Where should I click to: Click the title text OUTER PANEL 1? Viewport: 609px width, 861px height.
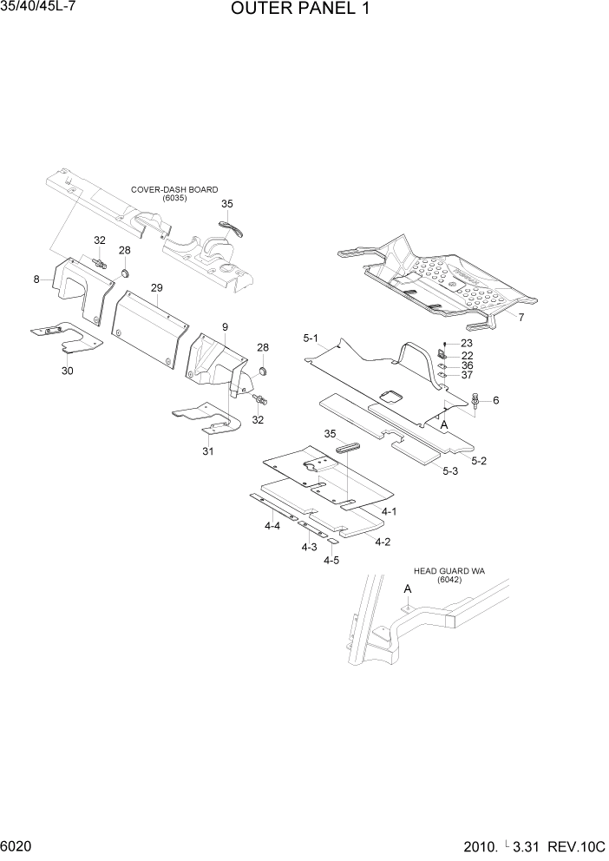(x=303, y=11)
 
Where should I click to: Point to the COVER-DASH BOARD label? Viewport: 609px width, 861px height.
(x=174, y=189)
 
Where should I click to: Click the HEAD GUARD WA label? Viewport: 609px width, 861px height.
(x=449, y=571)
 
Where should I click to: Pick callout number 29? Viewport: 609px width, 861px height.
(x=156, y=287)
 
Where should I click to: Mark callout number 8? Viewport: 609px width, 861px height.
(x=36, y=279)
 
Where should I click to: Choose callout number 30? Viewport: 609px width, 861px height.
(x=67, y=371)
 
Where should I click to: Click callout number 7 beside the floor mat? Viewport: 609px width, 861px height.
(x=521, y=318)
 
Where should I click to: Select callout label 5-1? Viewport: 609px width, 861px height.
(x=311, y=338)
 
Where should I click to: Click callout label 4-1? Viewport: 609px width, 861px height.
(x=389, y=512)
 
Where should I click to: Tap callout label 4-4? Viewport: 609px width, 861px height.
(x=272, y=526)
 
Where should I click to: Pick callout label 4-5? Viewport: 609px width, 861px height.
(x=331, y=561)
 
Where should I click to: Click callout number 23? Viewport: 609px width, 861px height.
(x=467, y=344)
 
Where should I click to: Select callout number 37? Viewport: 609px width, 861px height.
(x=467, y=375)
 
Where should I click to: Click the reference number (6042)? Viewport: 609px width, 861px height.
(x=449, y=580)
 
